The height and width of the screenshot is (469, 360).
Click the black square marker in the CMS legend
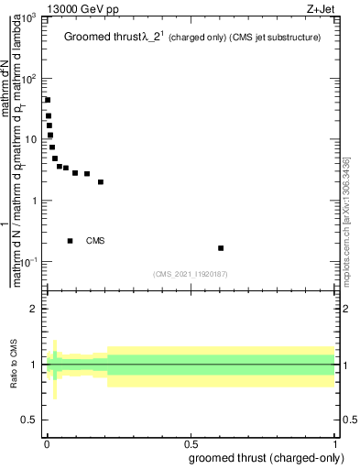(x=71, y=241)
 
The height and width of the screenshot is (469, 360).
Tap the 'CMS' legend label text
(x=95, y=241)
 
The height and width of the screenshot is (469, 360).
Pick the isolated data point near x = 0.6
(x=221, y=248)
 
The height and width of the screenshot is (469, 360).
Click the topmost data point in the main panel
(x=48, y=100)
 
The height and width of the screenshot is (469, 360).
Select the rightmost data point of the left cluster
(x=101, y=181)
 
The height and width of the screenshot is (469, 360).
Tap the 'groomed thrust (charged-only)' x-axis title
(x=267, y=458)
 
